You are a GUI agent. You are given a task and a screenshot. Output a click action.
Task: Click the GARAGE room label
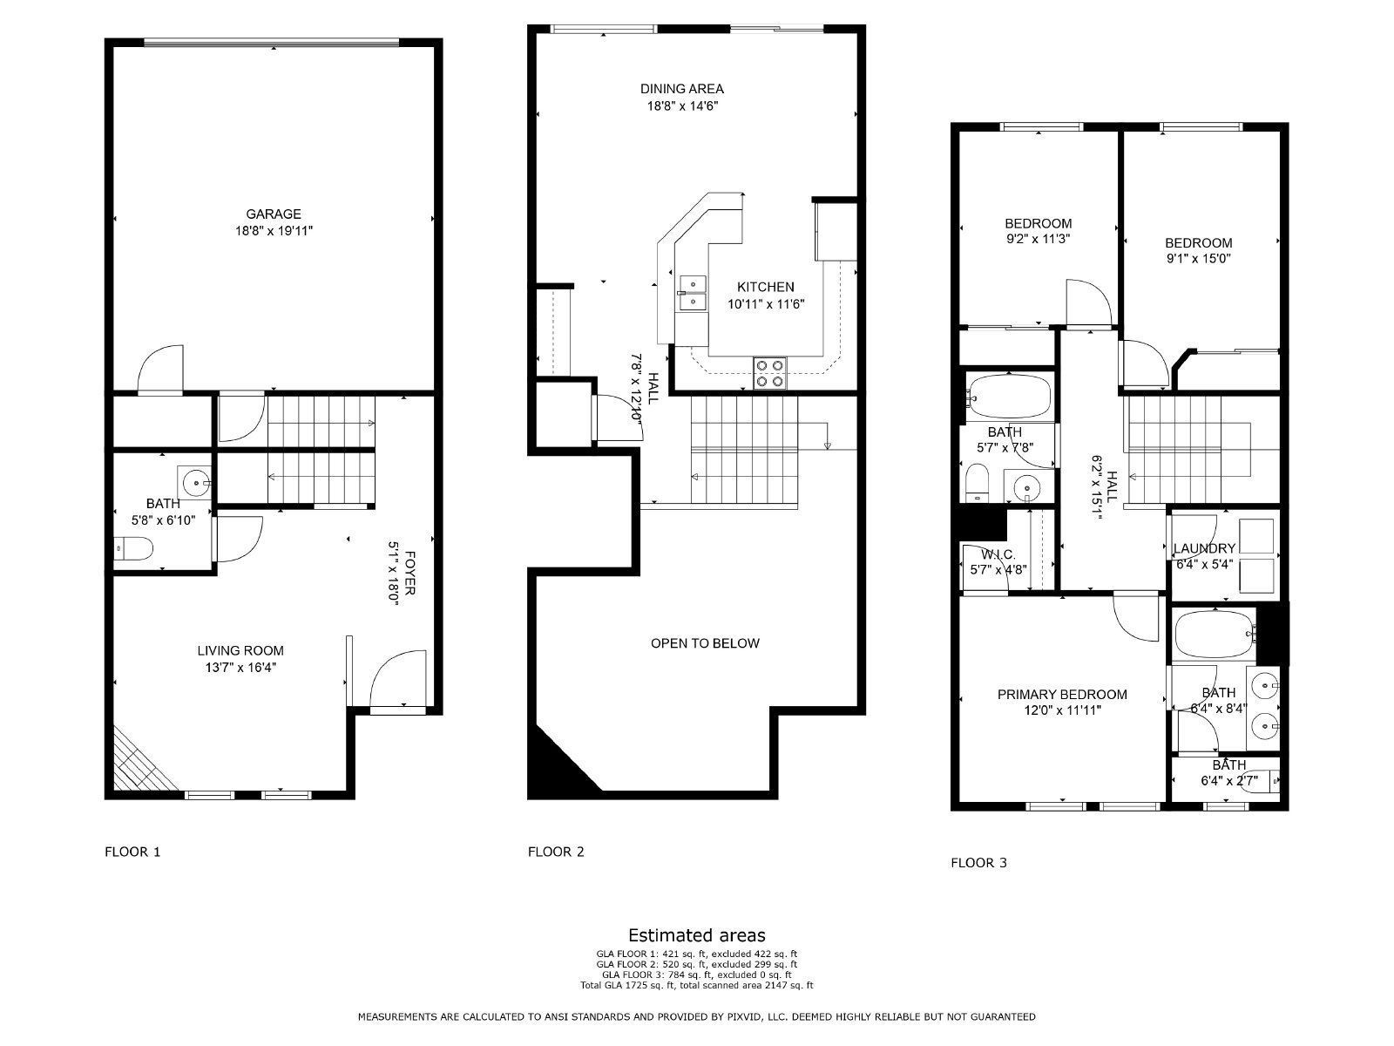(x=273, y=214)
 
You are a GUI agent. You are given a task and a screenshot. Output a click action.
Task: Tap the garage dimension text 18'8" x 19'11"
(x=273, y=231)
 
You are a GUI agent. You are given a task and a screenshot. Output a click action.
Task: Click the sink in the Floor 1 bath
(x=196, y=481)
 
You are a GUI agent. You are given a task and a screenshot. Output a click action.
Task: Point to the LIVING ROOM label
(x=240, y=650)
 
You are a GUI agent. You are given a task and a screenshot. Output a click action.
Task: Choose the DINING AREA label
(x=681, y=88)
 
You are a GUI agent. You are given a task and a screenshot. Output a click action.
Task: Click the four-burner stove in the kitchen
(x=770, y=373)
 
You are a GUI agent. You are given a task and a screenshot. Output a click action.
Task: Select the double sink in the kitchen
(x=694, y=293)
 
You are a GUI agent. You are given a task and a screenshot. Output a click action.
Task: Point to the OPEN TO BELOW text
(x=705, y=643)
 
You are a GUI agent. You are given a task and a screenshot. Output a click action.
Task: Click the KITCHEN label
(x=765, y=287)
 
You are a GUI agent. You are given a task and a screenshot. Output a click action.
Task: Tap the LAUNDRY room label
(x=1204, y=548)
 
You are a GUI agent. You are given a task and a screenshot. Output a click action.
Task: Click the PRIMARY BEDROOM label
(x=1062, y=695)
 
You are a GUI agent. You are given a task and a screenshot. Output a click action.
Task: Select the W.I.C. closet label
(x=998, y=554)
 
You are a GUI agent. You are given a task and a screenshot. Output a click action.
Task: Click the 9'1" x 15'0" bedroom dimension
(x=1199, y=259)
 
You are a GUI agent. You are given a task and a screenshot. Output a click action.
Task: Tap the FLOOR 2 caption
(x=556, y=852)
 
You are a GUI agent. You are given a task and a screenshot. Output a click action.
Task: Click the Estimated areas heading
(x=697, y=936)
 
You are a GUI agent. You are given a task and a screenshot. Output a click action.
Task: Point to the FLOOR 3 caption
(x=978, y=863)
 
